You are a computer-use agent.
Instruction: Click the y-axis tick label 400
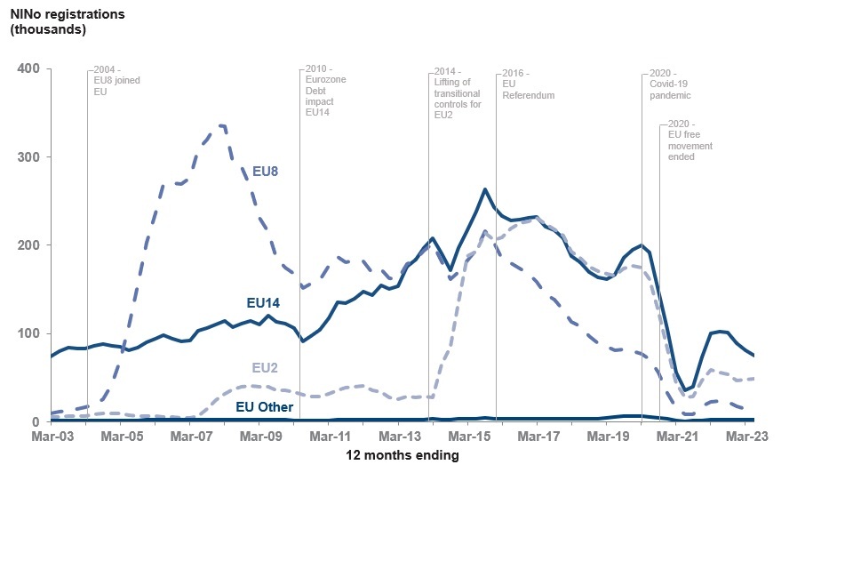(x=28, y=69)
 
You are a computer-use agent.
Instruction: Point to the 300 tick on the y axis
(x=28, y=157)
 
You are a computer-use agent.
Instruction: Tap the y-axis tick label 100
(x=28, y=333)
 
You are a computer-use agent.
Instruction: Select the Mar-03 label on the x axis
(x=52, y=437)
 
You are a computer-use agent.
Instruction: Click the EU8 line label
(x=267, y=171)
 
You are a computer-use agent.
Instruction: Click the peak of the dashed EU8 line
(x=220, y=125)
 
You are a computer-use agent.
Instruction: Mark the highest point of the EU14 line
(x=485, y=188)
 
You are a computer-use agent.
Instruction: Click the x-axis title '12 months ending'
(x=402, y=456)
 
